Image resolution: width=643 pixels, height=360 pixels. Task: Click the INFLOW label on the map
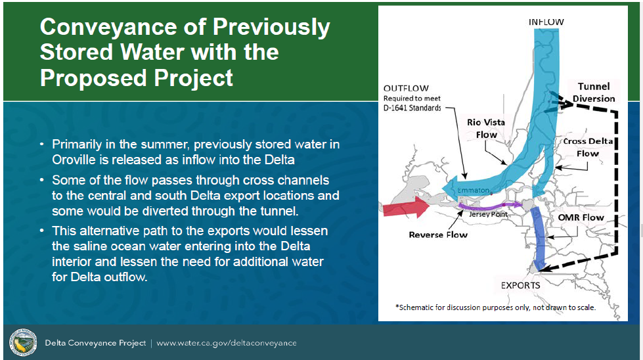[x=546, y=22]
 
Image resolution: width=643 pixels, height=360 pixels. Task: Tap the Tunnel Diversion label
[x=593, y=93]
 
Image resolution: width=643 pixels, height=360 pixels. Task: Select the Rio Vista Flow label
[x=487, y=128]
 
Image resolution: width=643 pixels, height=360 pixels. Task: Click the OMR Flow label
[x=580, y=217]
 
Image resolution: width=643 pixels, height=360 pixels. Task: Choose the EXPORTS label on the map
[x=520, y=285]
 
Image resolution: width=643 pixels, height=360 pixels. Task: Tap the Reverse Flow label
[x=437, y=235]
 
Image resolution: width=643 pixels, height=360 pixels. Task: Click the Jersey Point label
[x=485, y=214]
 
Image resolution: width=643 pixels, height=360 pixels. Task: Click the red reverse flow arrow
[x=404, y=208]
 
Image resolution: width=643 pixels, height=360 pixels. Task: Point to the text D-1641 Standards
[x=412, y=108]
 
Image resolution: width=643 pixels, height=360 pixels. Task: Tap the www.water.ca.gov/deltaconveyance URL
[x=226, y=343]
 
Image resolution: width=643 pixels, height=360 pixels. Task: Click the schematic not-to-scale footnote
[x=495, y=307]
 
